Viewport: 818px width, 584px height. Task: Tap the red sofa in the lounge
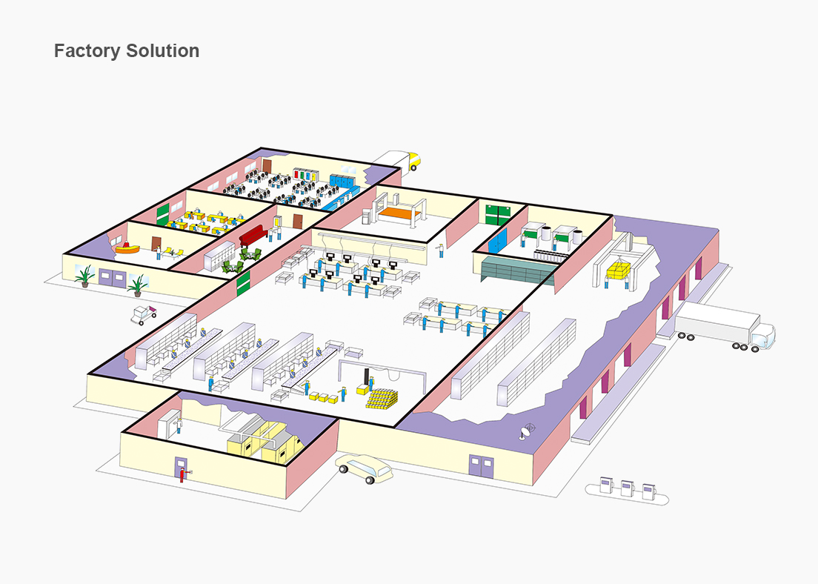(x=253, y=235)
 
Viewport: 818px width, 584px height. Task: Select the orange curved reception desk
(x=128, y=247)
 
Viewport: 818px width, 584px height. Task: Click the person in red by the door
(x=182, y=473)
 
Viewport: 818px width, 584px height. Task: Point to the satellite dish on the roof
(x=528, y=430)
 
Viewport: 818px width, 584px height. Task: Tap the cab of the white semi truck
(x=762, y=336)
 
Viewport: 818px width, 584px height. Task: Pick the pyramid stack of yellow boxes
(x=382, y=399)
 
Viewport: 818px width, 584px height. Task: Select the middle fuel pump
(x=627, y=488)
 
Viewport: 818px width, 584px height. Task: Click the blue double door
(x=498, y=239)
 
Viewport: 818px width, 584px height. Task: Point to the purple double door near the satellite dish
(x=479, y=465)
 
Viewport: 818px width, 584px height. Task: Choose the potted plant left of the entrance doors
(x=84, y=276)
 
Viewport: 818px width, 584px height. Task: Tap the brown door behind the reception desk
(x=156, y=243)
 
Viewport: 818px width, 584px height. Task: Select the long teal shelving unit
(x=517, y=270)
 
